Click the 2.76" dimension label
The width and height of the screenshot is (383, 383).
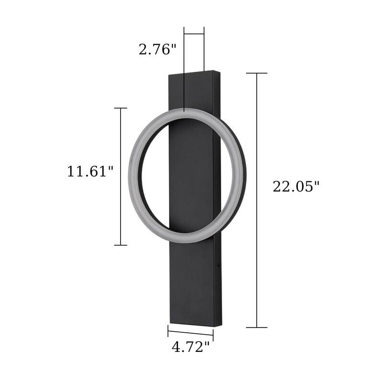[x=158, y=49]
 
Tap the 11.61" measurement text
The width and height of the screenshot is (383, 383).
[x=90, y=171]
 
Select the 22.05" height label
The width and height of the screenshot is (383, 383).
[x=296, y=186]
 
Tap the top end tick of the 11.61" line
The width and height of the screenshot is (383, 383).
[x=120, y=108]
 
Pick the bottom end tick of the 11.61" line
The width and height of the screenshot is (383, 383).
[x=120, y=245]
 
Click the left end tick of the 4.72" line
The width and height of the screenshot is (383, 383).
[x=168, y=330]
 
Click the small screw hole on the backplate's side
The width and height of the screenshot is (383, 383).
[x=219, y=263]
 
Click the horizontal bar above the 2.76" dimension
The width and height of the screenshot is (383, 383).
[x=194, y=34]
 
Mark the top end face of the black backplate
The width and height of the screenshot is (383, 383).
[x=194, y=74]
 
